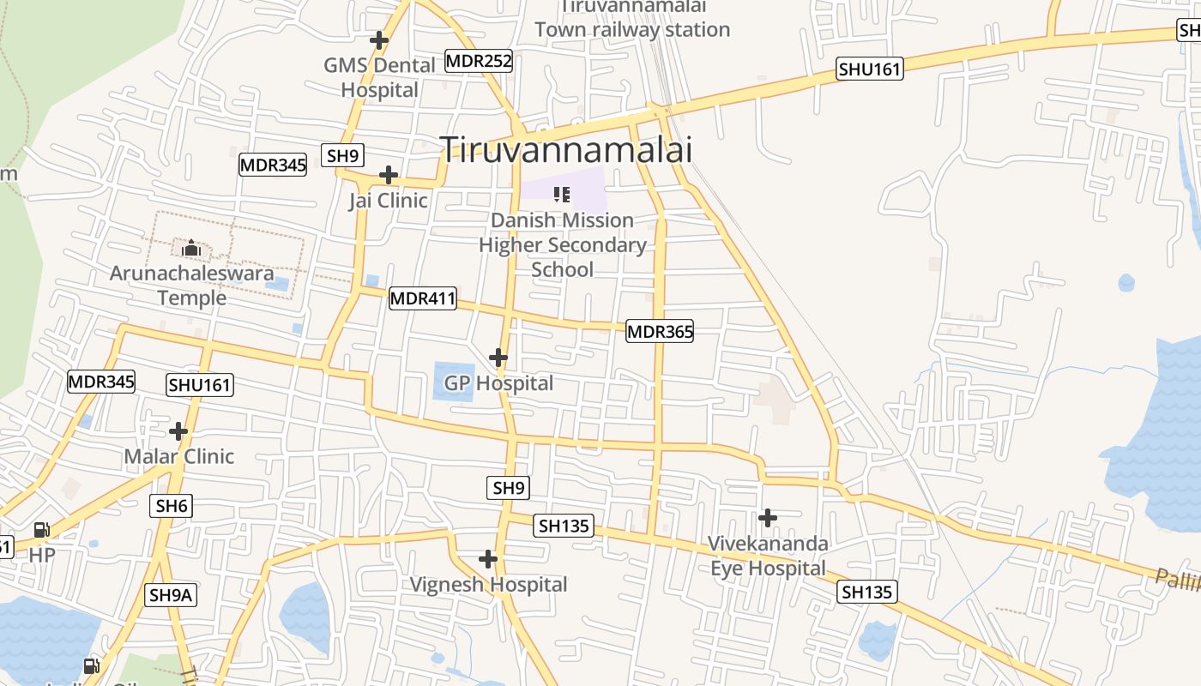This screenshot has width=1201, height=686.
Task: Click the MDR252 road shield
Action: [479, 61]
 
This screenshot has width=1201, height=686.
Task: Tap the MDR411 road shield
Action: [423, 298]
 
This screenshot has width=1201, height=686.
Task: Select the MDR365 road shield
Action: [660, 331]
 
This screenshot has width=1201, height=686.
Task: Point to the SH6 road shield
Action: [172, 506]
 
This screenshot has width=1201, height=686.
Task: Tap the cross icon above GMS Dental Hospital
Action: [378, 39]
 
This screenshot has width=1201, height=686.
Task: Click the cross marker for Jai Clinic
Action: [389, 175]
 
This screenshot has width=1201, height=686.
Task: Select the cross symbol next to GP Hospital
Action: [498, 357]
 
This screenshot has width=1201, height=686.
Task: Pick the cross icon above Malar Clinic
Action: [178, 430]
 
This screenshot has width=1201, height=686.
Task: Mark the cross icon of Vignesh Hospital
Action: [488, 559]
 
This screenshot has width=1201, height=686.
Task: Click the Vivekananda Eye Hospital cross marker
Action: [768, 517]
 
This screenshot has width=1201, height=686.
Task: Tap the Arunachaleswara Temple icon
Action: [190, 249]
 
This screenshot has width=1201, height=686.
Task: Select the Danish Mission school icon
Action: [562, 195]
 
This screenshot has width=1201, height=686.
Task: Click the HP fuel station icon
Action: [41, 530]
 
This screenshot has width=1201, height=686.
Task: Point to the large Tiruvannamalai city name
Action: [565, 150]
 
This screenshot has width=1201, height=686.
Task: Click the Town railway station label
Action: [632, 19]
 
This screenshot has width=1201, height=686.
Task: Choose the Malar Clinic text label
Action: [178, 456]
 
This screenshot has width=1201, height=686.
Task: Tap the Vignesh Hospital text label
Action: [488, 585]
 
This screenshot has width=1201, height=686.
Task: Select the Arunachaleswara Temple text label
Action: [192, 286]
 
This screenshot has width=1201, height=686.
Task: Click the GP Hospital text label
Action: [498, 382]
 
